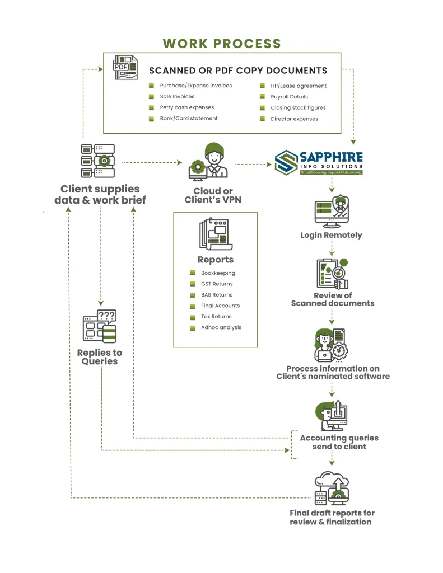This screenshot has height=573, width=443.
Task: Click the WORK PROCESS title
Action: tap(222, 44)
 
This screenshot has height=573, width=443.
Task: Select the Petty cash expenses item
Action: tap(186, 107)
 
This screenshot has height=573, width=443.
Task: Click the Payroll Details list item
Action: tap(289, 97)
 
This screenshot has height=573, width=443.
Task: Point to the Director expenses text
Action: tap(294, 119)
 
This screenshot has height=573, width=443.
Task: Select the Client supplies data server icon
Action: tap(99, 161)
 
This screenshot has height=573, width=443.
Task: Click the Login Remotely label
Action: tap(331, 235)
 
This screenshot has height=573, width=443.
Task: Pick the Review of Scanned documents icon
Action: tap(332, 274)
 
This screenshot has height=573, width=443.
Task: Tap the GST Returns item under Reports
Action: tap(217, 284)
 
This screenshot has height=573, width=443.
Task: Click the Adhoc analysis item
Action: tap(221, 327)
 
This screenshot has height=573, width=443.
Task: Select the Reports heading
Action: tap(216, 260)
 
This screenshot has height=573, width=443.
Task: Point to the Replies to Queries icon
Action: tap(100, 327)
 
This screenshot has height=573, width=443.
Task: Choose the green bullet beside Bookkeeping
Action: tap(192, 273)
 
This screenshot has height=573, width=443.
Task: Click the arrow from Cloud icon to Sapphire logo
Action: tap(254, 165)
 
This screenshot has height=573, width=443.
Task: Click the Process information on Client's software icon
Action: tap(332, 345)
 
